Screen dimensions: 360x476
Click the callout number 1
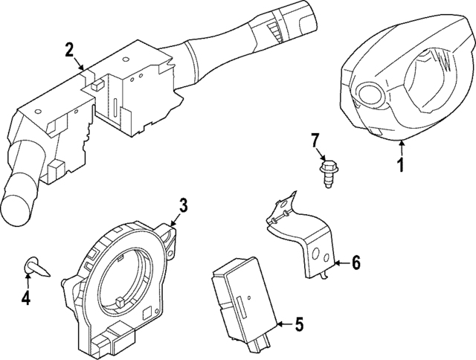click(400, 164)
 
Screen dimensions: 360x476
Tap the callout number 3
click(183, 206)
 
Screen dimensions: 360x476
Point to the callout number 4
click(26, 298)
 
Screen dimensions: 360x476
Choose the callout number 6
click(355, 262)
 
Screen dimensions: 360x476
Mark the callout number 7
click(315, 139)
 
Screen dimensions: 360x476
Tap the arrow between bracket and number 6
click(340, 262)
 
